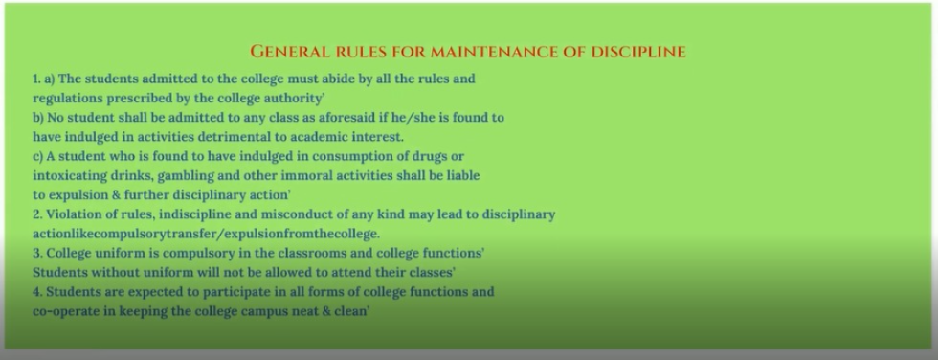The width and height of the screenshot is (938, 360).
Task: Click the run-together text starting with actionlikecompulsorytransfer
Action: coord(206,234)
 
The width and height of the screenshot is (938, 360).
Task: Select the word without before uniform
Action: coord(114,272)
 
